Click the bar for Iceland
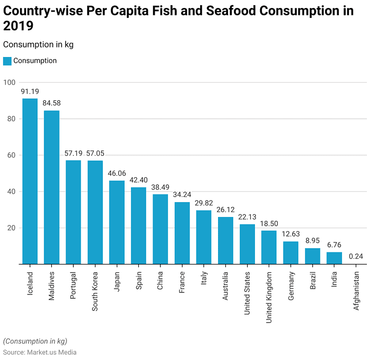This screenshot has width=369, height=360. point(30,181)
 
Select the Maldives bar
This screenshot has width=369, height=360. point(52,187)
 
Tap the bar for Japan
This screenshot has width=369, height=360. point(117,222)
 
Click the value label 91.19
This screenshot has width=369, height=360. point(30,91)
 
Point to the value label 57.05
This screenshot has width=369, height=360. point(96,153)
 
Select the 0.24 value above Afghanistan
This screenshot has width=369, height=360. point(356,257)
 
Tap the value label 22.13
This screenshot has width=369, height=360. point(248,217)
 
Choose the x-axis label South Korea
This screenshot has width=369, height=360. point(96,291)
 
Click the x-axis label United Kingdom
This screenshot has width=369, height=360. point(269,298)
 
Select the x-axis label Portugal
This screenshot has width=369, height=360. point(73,286)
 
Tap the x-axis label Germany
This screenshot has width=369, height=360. point(291,287)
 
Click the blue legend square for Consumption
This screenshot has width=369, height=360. point(7,61)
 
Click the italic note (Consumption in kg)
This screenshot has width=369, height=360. point(35,341)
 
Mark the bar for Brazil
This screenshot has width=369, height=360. point(313,256)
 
